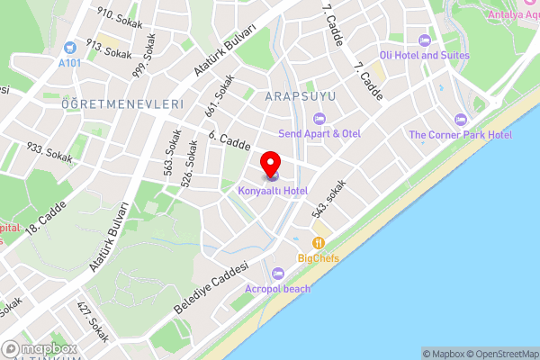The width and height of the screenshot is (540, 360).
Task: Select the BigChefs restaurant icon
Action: click(318, 243)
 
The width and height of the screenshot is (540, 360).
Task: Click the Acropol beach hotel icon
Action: click(277, 274)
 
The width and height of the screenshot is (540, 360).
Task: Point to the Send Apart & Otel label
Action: click(319, 133)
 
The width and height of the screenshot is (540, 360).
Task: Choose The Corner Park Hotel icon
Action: click(462, 120)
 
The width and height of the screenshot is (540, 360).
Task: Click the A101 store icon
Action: click(69, 44)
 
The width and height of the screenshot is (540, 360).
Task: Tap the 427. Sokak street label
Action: click(93, 322)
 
